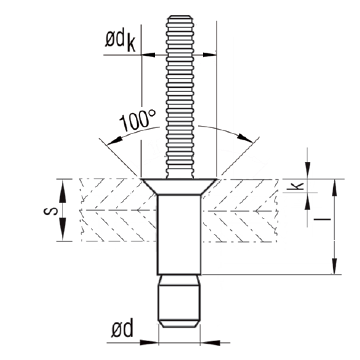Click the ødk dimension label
pos(120,41)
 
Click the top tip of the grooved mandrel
pos(179,17)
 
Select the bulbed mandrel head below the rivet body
pos(179,301)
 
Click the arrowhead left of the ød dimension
pos(151,342)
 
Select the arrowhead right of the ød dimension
pos(208,342)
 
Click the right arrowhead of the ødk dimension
pos(209,55)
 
